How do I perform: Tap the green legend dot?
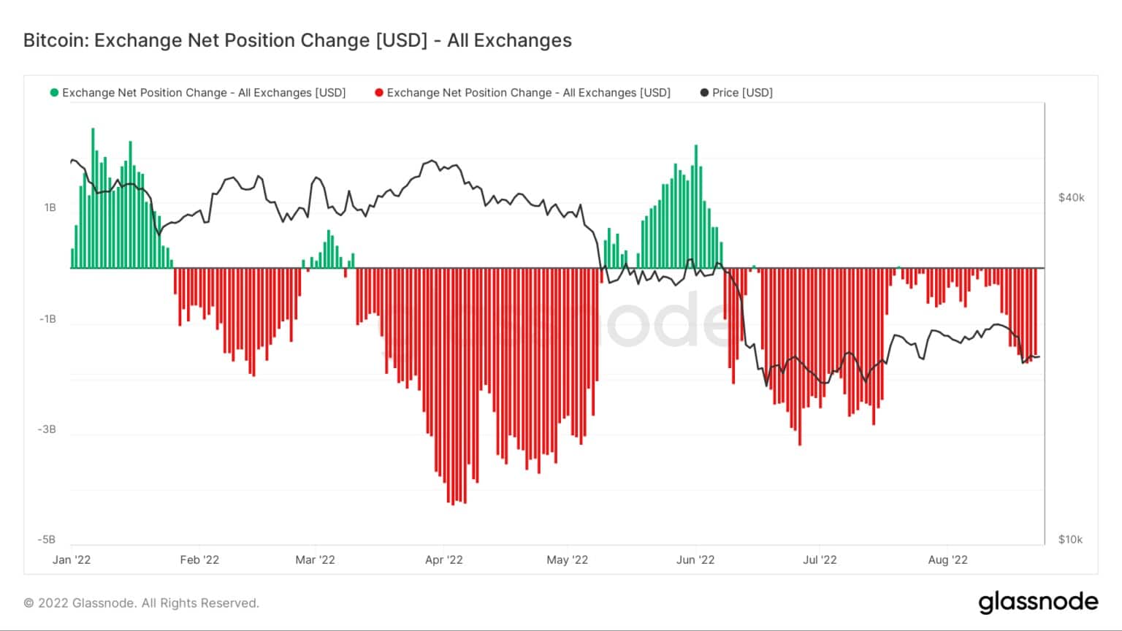pyautogui.click(x=54, y=93)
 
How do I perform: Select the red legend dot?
pyautogui.click(x=378, y=93)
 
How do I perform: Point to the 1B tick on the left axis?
pyautogui.click(x=50, y=207)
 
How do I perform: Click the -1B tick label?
pyautogui.click(x=47, y=319)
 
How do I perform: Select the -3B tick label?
pyautogui.click(x=47, y=429)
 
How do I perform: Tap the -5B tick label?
pyautogui.click(x=47, y=540)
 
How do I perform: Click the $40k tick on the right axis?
pyautogui.click(x=1071, y=198)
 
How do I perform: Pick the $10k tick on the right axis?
pyautogui.click(x=1070, y=540)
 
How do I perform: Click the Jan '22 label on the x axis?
pyautogui.click(x=72, y=560)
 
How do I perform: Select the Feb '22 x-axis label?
pyautogui.click(x=199, y=560)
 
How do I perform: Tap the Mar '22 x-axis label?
pyautogui.click(x=315, y=560)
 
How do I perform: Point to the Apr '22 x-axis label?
pyautogui.click(x=444, y=560)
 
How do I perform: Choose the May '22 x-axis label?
pyautogui.click(x=568, y=560)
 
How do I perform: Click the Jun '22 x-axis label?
pyautogui.click(x=695, y=560)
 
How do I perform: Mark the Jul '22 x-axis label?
pyautogui.click(x=820, y=560)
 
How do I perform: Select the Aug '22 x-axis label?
pyautogui.click(x=947, y=560)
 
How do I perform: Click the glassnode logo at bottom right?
pyautogui.click(x=1038, y=603)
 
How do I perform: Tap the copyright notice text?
pyautogui.click(x=142, y=603)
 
